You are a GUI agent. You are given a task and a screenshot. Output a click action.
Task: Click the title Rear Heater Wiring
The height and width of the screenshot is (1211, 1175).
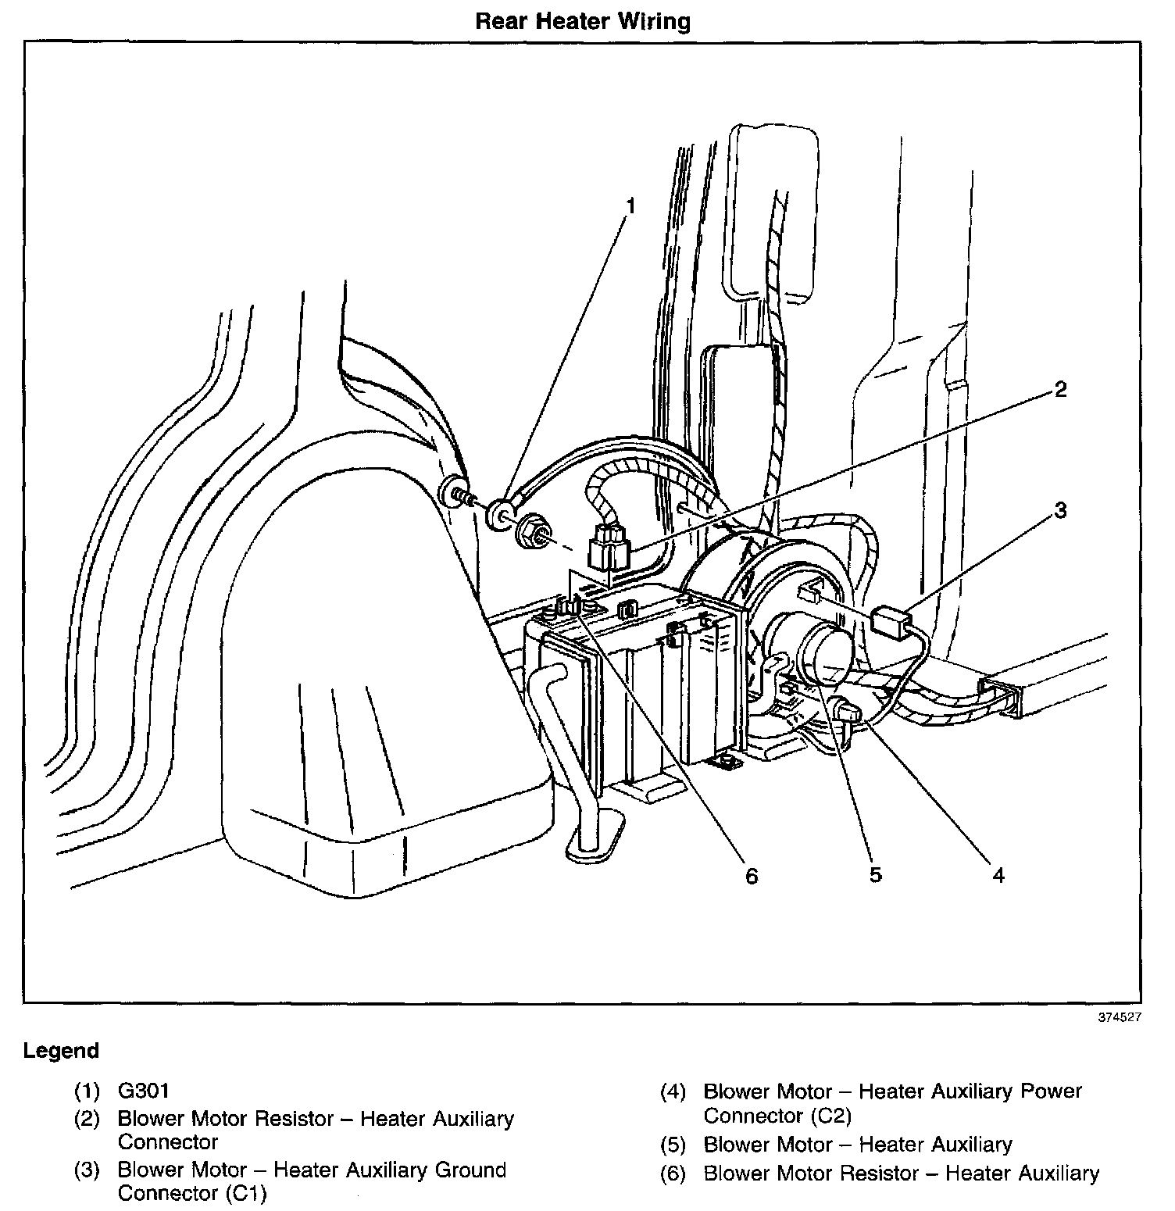click(x=583, y=21)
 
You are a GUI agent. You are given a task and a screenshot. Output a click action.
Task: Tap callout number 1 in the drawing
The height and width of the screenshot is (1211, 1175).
click(x=630, y=207)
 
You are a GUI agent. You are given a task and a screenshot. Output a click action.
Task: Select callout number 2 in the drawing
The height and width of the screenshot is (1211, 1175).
click(x=1060, y=389)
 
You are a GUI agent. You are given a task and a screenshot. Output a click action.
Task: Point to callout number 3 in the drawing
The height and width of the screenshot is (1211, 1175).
click(x=1060, y=511)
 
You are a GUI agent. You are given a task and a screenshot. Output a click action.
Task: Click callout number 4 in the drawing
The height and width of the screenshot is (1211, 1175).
click(x=998, y=876)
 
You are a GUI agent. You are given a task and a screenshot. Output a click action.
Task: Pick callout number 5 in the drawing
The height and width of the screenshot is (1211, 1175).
click(x=875, y=876)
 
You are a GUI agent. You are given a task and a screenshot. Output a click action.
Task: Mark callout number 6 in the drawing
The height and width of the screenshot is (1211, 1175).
click(x=751, y=877)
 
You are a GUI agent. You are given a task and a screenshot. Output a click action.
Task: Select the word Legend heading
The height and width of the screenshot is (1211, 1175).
click(x=61, y=1051)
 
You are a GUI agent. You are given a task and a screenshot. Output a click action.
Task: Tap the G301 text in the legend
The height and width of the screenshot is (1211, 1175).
click(x=144, y=1090)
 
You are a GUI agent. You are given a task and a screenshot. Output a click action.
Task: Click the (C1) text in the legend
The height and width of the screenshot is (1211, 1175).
click(x=243, y=1195)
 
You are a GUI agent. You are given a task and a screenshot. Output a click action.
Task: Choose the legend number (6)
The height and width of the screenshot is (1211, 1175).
click(x=673, y=1173)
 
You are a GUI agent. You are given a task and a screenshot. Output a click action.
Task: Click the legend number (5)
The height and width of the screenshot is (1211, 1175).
click(x=673, y=1145)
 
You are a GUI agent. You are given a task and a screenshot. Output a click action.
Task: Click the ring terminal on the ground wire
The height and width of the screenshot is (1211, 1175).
click(x=498, y=516)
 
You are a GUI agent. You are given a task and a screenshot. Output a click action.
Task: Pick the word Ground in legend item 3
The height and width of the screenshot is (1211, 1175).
click(x=464, y=1170)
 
